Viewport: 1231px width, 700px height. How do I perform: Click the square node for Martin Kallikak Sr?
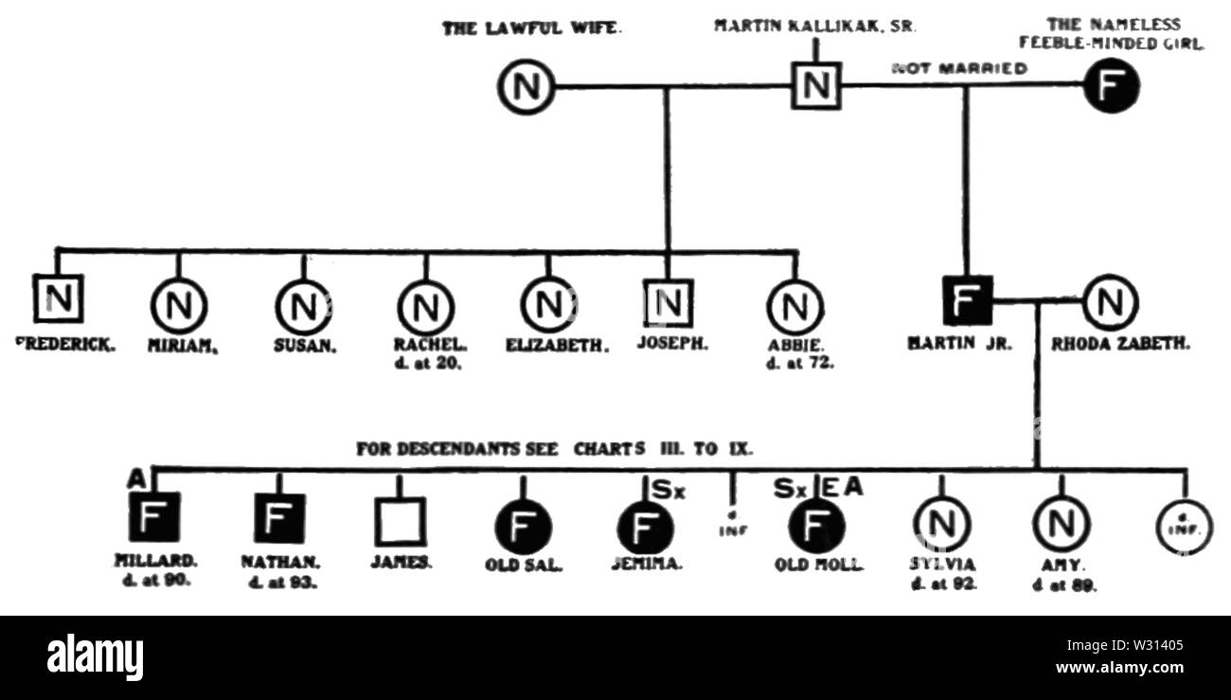click(815, 86)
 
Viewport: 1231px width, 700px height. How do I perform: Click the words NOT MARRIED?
click(959, 68)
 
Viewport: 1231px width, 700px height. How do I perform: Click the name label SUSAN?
click(305, 346)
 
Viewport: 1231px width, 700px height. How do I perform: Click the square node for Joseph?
click(669, 303)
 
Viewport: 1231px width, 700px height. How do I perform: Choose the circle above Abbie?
click(794, 307)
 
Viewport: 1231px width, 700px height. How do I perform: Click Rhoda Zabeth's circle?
click(1110, 302)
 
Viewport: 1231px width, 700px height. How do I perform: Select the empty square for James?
click(401, 521)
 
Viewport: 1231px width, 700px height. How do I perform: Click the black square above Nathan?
click(278, 519)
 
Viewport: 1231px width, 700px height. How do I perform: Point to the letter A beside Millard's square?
click(137, 480)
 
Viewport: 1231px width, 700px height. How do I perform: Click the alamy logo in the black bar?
click(96, 656)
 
